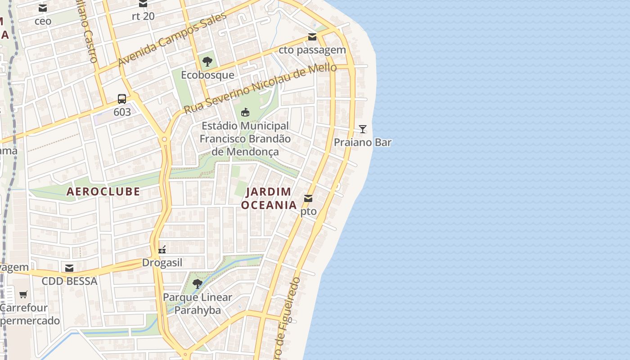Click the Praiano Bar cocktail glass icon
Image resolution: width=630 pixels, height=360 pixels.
(x=363, y=129)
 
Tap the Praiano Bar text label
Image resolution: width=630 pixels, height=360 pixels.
(x=362, y=142)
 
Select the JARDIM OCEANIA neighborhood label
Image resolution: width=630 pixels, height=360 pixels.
(x=269, y=198)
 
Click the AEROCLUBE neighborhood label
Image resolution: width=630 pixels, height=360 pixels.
(x=103, y=191)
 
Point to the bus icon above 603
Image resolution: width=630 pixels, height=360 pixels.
(x=122, y=99)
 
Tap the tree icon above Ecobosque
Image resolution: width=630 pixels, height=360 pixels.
(x=207, y=62)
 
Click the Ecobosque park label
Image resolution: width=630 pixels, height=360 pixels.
(x=207, y=75)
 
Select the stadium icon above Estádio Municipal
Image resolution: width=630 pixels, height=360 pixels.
(x=245, y=112)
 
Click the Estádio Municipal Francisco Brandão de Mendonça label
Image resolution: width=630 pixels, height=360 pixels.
(x=245, y=139)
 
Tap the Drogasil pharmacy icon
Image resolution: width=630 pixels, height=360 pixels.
(x=162, y=250)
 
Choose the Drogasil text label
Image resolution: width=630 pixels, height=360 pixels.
(x=162, y=262)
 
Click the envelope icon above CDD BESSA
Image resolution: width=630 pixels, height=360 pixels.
(x=69, y=268)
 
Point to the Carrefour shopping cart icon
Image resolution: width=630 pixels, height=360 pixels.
(x=23, y=295)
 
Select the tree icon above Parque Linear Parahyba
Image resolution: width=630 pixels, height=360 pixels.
(x=197, y=284)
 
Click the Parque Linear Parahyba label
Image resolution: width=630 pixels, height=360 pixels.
(x=198, y=304)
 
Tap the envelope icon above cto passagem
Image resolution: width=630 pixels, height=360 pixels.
(x=312, y=37)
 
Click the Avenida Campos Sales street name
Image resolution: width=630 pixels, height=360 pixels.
(x=172, y=39)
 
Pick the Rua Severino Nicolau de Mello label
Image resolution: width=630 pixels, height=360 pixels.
(x=260, y=89)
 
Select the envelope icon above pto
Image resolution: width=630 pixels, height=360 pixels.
(x=308, y=198)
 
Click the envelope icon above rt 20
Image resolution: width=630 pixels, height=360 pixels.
(x=143, y=4)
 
